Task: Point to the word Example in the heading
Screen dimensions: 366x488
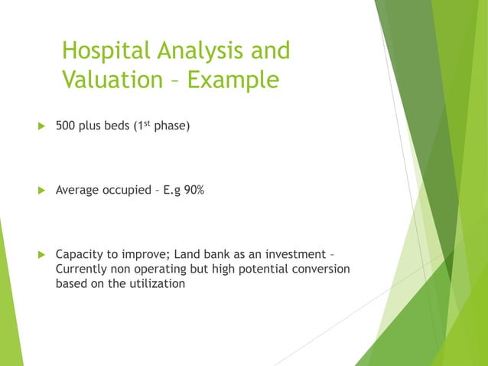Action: [233, 80]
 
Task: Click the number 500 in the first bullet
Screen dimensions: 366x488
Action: [66, 126]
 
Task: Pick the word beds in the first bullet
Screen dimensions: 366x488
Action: [118, 126]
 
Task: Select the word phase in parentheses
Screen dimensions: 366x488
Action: [168, 126]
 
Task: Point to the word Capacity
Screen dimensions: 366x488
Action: [80, 254]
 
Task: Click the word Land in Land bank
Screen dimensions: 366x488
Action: [198, 254]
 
